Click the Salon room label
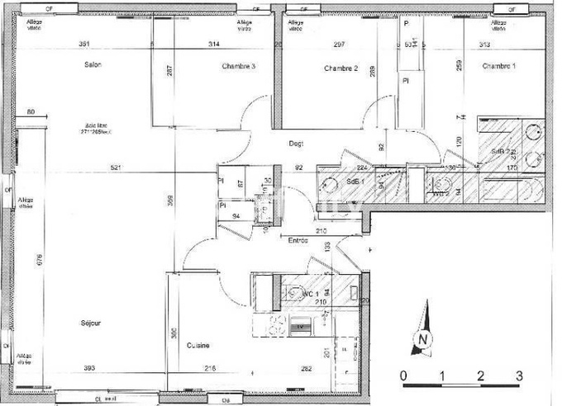92,64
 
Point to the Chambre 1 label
499,66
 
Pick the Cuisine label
197,345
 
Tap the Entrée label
298,241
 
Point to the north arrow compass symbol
424,329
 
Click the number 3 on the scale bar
519,375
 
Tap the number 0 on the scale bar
402,375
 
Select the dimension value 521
117,168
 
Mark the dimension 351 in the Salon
83,43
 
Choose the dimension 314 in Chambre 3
214,43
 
